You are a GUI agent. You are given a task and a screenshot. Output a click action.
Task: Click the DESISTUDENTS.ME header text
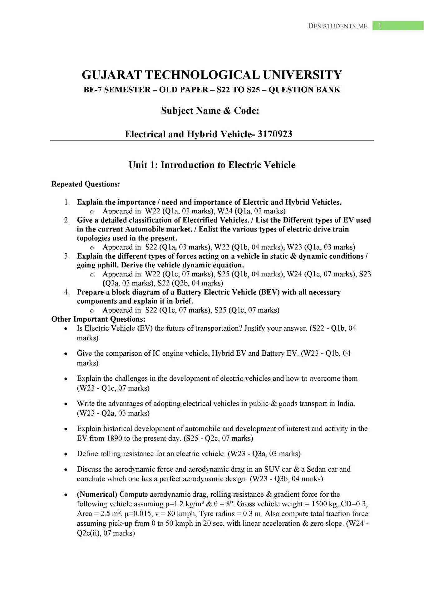click(338, 26)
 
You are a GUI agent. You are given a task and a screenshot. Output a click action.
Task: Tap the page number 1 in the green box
click(380, 26)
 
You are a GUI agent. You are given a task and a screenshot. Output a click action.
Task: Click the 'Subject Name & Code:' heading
click(210, 111)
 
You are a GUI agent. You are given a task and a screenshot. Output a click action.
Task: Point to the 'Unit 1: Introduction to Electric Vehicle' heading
click(212, 165)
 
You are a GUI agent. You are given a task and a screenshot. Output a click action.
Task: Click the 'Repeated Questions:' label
click(86, 184)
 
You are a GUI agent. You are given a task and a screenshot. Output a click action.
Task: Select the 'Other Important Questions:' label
click(98, 319)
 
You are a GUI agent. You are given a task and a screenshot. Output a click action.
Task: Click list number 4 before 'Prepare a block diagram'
click(67, 292)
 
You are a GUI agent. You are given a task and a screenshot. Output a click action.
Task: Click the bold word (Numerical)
click(97, 494)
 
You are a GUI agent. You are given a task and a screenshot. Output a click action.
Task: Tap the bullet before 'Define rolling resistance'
click(66, 454)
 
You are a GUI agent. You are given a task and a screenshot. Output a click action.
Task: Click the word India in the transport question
click(345, 404)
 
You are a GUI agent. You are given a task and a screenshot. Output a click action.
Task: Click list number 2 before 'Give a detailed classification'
click(67, 220)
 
